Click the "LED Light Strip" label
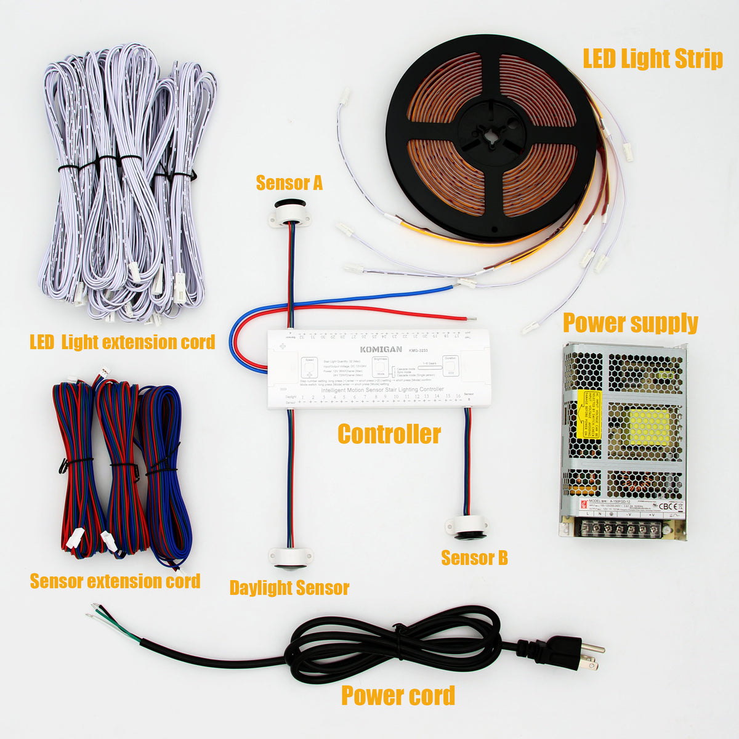652,60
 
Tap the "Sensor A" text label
289,183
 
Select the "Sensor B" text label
474,558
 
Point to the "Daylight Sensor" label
289,588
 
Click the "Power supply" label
630,323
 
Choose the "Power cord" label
398,695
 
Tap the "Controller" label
389,434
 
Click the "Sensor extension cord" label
115,581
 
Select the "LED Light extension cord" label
122,342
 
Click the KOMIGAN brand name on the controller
381,349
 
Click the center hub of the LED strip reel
491,132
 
